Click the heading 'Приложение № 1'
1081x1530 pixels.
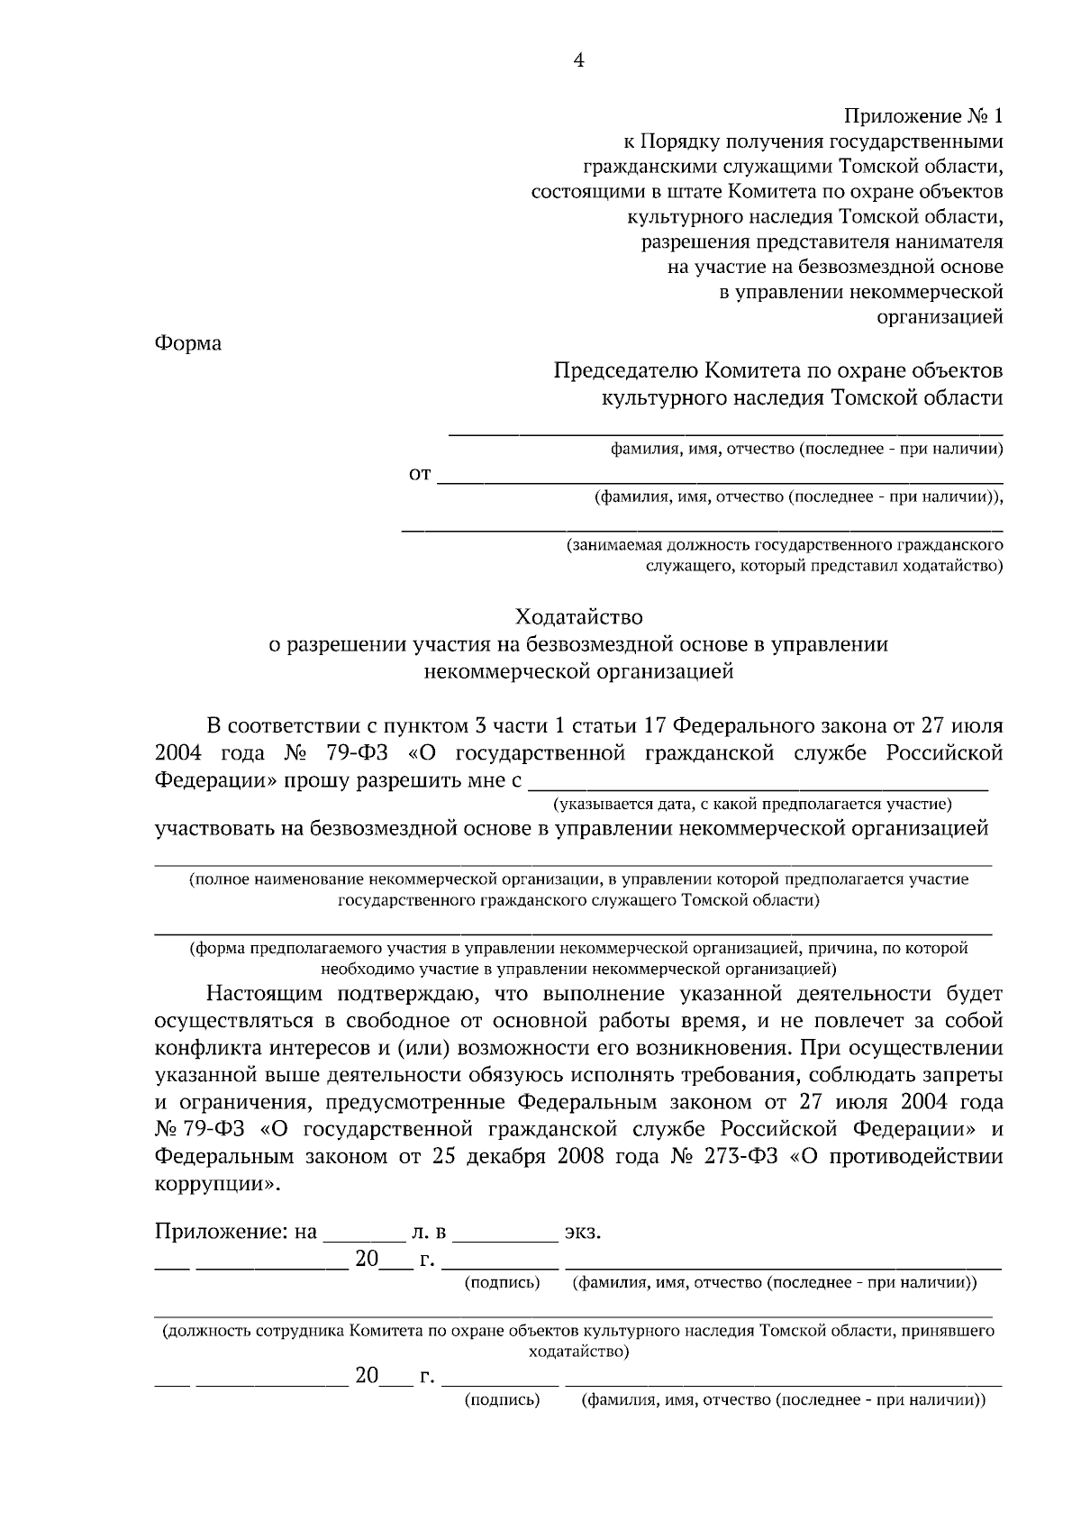[922, 116]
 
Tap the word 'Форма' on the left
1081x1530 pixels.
[188, 343]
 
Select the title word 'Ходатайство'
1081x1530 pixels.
[579, 617]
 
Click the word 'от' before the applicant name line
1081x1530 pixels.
[421, 474]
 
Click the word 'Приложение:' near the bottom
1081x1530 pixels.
[223, 1233]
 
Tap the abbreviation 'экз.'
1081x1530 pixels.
[582, 1233]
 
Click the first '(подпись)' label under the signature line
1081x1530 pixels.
[502, 1282]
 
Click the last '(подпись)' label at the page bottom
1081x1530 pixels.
[502, 1400]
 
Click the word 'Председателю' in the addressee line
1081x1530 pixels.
[623, 370]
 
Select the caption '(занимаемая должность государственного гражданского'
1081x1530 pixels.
[784, 545]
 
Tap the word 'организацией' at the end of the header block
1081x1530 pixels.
[940, 317]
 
